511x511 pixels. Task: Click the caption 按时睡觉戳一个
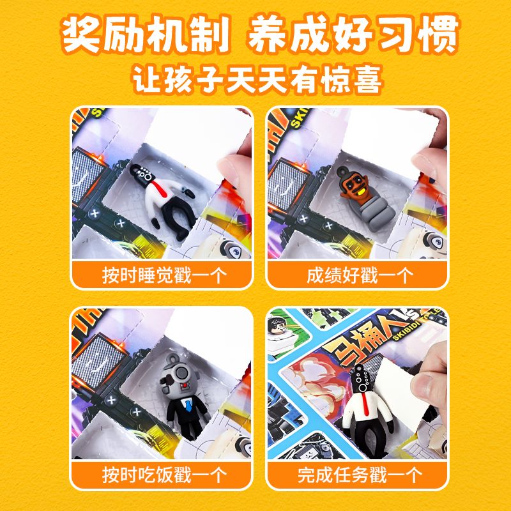(x=164, y=275)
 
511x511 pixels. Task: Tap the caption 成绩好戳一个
(x=360, y=275)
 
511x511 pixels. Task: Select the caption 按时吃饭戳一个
(x=164, y=475)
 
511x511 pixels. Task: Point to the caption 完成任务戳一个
(x=360, y=475)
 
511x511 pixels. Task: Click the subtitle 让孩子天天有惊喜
(x=257, y=79)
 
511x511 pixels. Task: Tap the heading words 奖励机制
(x=146, y=34)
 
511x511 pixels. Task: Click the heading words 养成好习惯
(x=354, y=34)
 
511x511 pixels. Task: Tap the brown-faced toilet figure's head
(x=355, y=185)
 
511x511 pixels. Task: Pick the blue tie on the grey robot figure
(x=188, y=404)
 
